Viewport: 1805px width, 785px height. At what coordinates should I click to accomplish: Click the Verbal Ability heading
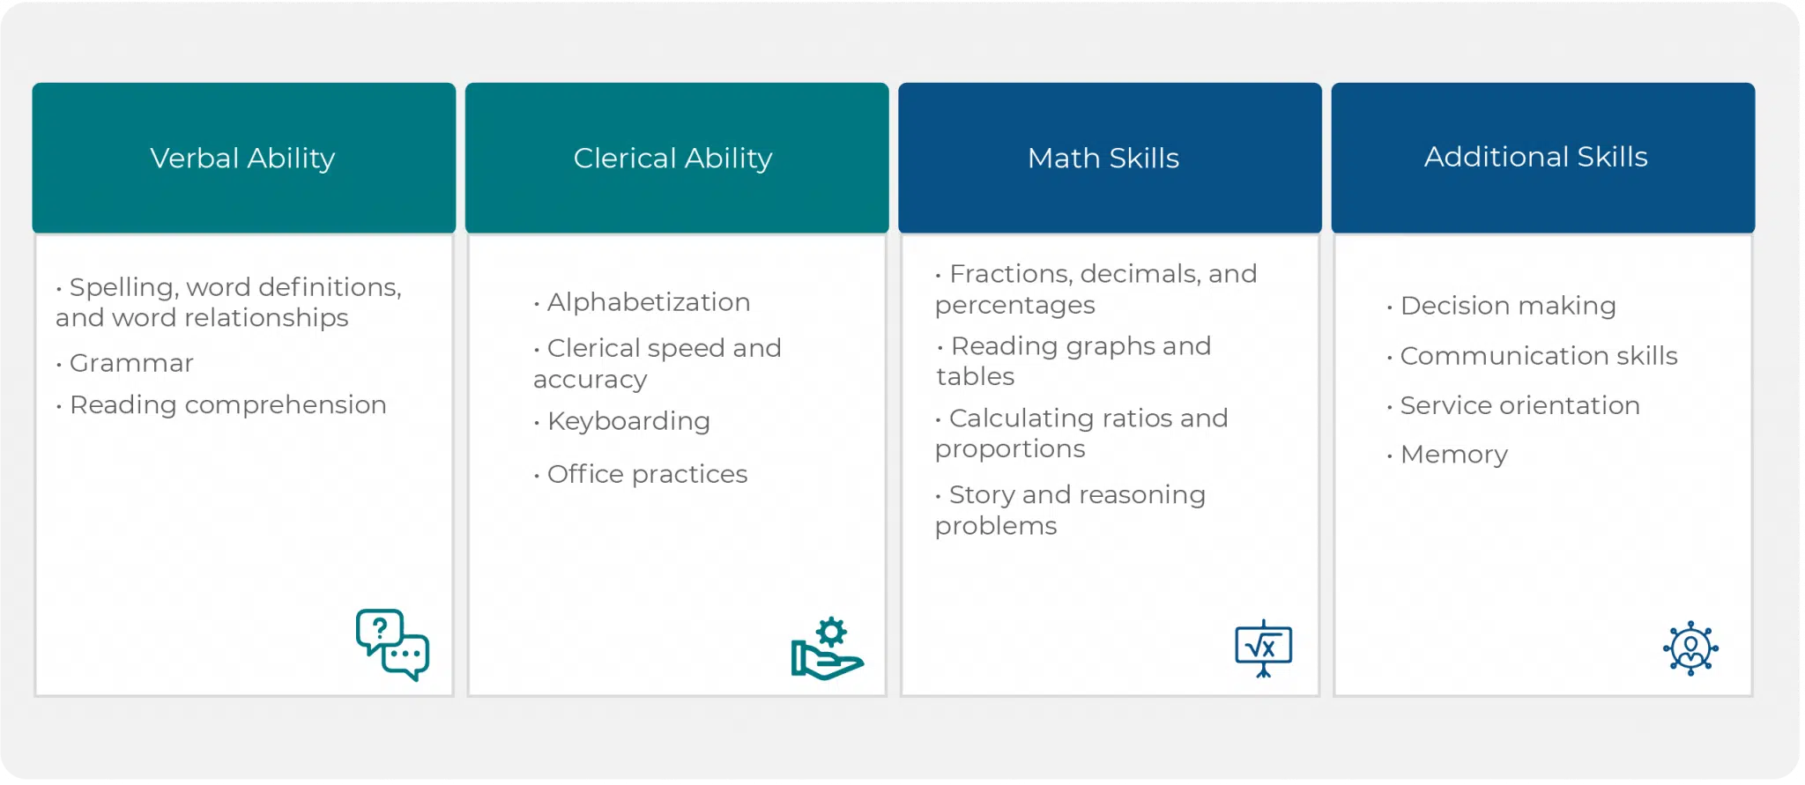coord(242,159)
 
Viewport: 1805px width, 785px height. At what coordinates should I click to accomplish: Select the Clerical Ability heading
coord(672,159)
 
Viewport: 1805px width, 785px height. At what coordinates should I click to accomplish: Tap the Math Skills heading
coord(1103,159)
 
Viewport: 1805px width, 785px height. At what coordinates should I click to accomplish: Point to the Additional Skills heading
coord(1536,157)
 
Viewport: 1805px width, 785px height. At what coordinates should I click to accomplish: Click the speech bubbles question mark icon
coord(392,645)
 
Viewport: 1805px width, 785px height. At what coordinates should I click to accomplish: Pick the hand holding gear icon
coord(827,648)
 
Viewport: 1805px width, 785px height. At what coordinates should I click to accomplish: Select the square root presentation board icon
coord(1263,648)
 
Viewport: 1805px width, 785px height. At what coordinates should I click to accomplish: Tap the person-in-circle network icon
coord(1690,648)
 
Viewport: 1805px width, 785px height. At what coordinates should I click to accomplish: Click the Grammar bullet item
coord(125,363)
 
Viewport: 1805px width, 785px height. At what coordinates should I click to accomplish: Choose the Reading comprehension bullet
coord(221,405)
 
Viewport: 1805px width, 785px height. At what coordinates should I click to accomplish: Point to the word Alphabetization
coord(649,302)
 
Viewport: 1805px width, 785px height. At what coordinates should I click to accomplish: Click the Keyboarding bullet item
coord(621,421)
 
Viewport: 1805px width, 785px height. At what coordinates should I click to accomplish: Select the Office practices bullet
coord(641,474)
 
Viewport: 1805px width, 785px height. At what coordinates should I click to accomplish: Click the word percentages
coord(1015,306)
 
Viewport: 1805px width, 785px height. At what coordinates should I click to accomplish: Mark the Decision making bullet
coord(1501,306)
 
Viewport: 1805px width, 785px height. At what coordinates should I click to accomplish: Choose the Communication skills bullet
coord(1532,356)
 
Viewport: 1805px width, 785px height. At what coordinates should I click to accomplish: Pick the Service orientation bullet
coord(1513,405)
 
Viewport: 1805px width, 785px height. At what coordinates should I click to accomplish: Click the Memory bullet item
coord(1447,455)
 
